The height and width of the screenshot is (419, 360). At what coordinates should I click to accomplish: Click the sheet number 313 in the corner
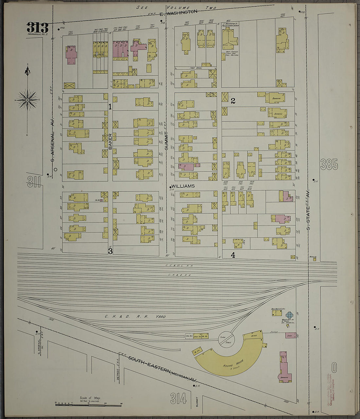pyautogui.click(x=38, y=28)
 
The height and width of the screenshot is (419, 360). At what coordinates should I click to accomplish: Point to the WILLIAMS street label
pyautogui.click(x=183, y=186)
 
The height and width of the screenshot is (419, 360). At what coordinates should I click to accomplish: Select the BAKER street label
pyautogui.click(x=110, y=141)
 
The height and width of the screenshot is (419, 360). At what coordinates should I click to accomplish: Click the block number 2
pyautogui.click(x=233, y=101)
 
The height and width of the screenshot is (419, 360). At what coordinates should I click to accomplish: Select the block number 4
pyautogui.click(x=233, y=255)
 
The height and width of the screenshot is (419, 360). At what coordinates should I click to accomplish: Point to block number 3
pyautogui.click(x=111, y=251)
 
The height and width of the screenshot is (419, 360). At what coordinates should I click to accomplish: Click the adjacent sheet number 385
pyautogui.click(x=329, y=164)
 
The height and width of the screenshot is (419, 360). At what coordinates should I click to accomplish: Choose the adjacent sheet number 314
pyautogui.click(x=178, y=399)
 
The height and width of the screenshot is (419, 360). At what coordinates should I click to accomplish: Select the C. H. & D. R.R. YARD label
pyautogui.click(x=135, y=317)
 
